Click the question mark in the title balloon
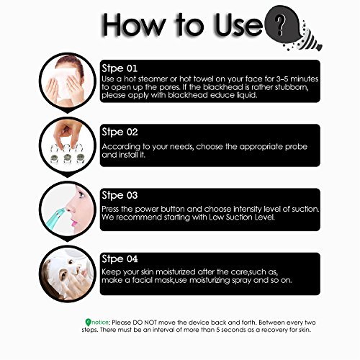279,24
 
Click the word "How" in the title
133,25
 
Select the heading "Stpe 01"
120,68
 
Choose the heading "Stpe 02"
120,132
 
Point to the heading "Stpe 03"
120,195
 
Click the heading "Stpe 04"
120,259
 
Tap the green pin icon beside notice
88,323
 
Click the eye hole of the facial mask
63,273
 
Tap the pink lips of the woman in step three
74,223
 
